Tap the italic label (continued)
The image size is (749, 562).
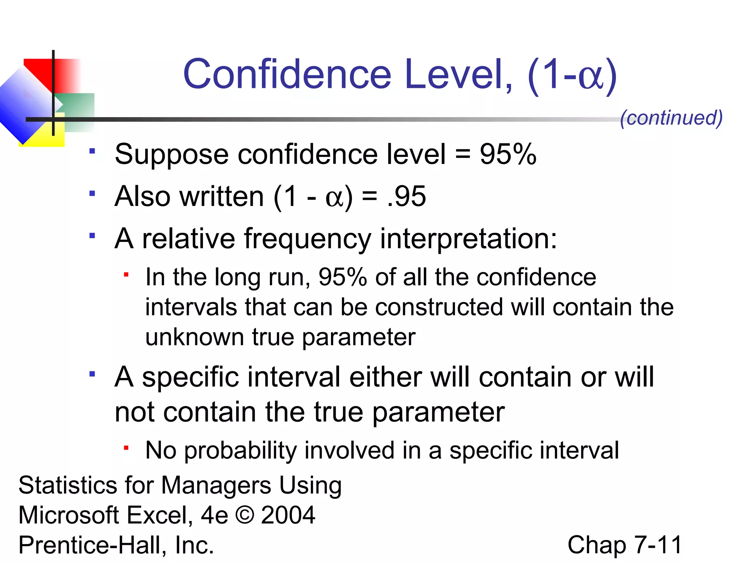click(x=671, y=118)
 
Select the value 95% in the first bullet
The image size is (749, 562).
click(x=508, y=154)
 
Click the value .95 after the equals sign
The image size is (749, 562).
click(x=406, y=196)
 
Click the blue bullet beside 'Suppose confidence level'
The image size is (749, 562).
click(x=92, y=151)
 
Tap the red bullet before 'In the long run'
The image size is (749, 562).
click(x=126, y=274)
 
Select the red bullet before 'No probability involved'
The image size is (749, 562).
click(x=126, y=447)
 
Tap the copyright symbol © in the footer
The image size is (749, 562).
click(x=245, y=515)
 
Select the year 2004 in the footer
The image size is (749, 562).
click(x=288, y=515)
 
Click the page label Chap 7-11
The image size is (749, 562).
click(x=625, y=545)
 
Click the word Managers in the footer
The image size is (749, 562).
click(x=216, y=486)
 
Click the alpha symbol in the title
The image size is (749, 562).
click(x=590, y=77)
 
